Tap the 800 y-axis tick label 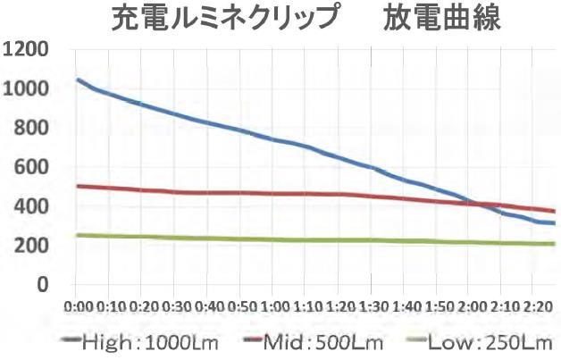[29, 128]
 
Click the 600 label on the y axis [29, 167]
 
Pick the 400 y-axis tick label [29, 206]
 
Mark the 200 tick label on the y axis [29, 246]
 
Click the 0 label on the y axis [41, 285]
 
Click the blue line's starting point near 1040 [79, 80]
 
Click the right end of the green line [554, 244]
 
